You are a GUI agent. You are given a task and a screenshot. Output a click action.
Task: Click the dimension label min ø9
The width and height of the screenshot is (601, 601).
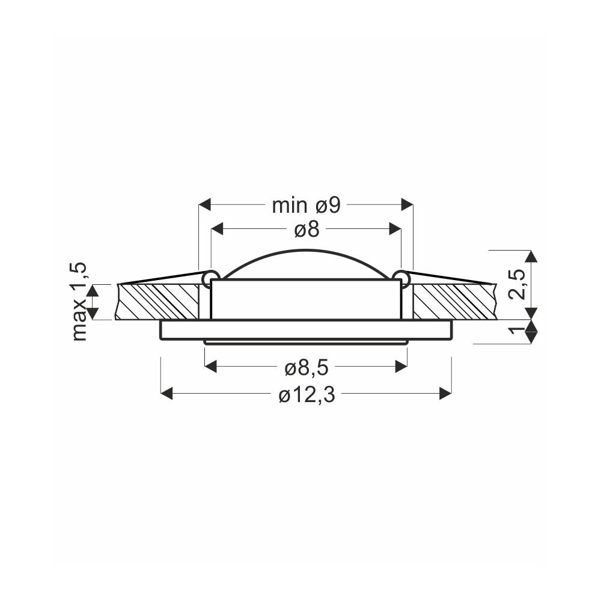point(307,206)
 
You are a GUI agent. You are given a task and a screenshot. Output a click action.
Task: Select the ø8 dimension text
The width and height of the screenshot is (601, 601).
point(307,230)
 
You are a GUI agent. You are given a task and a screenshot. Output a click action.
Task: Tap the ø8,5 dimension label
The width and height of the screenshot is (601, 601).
point(307,368)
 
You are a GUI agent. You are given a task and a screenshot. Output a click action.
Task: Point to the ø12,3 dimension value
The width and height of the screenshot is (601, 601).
point(307,395)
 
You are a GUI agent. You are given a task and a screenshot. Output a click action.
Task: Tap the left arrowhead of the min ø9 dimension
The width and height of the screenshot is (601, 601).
point(205,205)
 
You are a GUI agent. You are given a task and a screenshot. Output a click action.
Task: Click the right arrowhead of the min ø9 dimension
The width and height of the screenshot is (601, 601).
point(407,205)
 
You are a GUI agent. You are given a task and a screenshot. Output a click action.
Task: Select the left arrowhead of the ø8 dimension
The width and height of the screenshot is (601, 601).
point(218,229)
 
